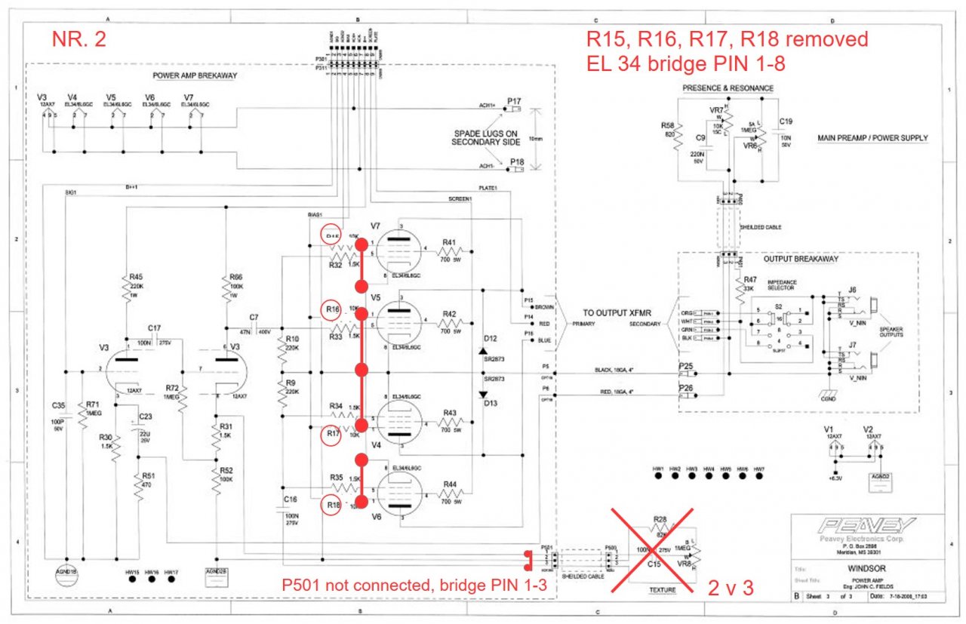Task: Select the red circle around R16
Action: (x=330, y=310)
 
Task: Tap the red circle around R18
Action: (x=330, y=505)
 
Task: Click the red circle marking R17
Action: (x=330, y=435)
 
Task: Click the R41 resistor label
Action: (x=449, y=243)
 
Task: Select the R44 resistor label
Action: (x=449, y=483)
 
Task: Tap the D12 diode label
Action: (x=491, y=338)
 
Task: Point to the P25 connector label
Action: (x=685, y=367)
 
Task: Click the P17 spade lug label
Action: (x=515, y=101)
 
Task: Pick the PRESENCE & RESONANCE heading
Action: (x=728, y=88)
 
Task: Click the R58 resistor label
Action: (x=667, y=125)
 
